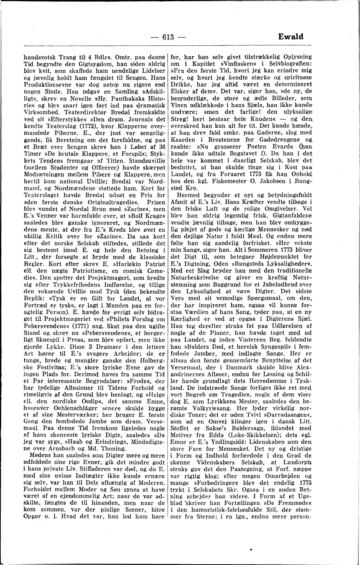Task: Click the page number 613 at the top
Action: (x=168, y=37)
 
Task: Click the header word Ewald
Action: (x=291, y=37)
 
